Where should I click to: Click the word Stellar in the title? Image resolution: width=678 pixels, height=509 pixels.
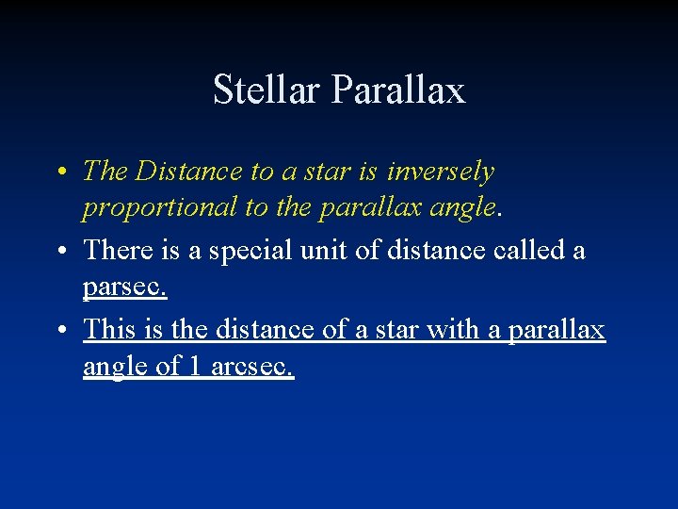[x=267, y=90]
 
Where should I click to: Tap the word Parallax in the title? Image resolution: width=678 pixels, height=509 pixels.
[x=398, y=90]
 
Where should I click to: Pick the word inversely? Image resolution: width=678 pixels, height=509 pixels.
[x=441, y=172]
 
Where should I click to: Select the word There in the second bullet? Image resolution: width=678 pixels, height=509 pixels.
[x=119, y=251]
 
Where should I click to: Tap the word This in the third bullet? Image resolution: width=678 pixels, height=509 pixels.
[x=110, y=330]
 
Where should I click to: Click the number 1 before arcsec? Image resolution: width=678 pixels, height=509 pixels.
[x=194, y=367]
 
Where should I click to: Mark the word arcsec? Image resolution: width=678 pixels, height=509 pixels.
[x=252, y=367]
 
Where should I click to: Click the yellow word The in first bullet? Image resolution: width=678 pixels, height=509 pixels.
[x=105, y=172]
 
